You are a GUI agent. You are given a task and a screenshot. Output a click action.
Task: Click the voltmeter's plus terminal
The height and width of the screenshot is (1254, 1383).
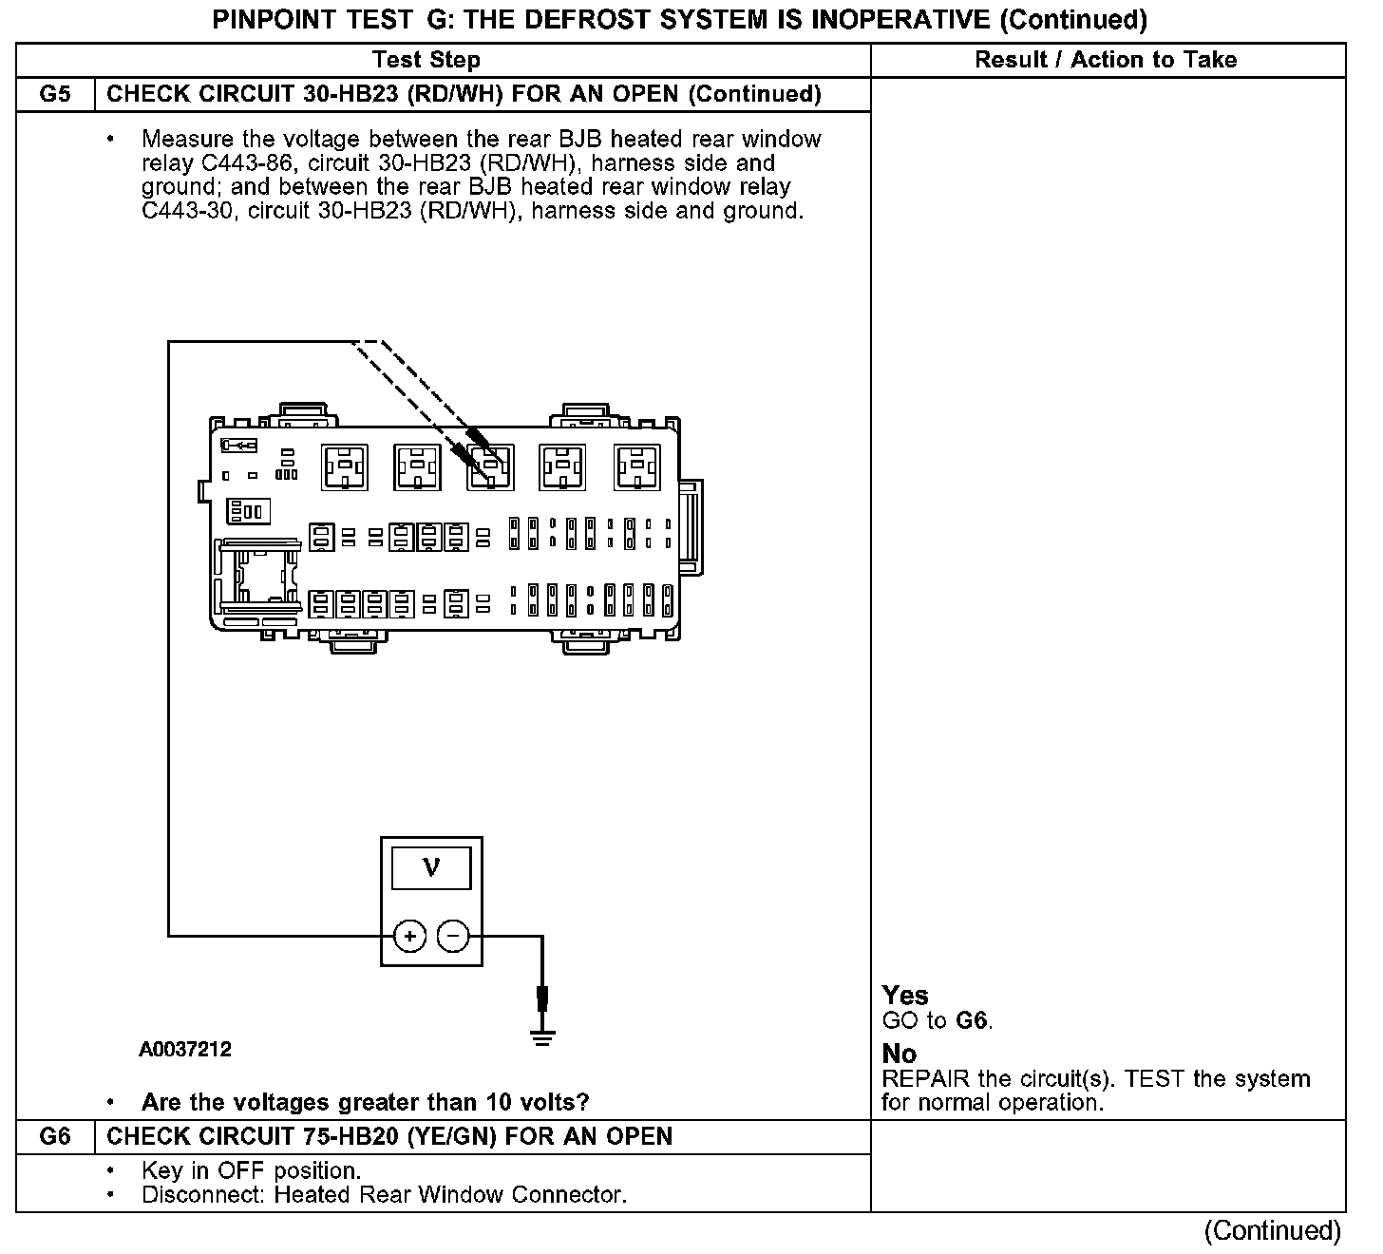point(409,937)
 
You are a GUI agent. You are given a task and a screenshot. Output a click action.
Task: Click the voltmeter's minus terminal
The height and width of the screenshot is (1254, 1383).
point(453,937)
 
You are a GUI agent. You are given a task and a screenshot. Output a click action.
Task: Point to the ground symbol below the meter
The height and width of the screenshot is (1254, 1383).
point(542,1035)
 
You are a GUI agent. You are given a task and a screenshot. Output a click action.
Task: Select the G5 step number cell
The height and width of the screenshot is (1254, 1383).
point(55,94)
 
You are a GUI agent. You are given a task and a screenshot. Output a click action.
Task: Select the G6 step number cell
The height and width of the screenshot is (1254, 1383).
point(55,1136)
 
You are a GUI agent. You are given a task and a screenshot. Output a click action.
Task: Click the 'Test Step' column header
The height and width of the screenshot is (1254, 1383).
point(426,60)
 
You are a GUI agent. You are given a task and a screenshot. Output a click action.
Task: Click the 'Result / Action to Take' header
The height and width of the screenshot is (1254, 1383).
point(1106,60)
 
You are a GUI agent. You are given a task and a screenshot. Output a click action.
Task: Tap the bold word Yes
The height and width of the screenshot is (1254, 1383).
point(904,995)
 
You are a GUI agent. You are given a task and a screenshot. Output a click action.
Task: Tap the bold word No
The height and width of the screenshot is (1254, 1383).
point(899,1054)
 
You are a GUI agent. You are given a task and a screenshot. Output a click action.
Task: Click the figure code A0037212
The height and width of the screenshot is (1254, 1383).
point(185,1049)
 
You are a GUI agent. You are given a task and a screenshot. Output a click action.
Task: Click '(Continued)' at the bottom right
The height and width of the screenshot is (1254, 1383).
point(1272,1231)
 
